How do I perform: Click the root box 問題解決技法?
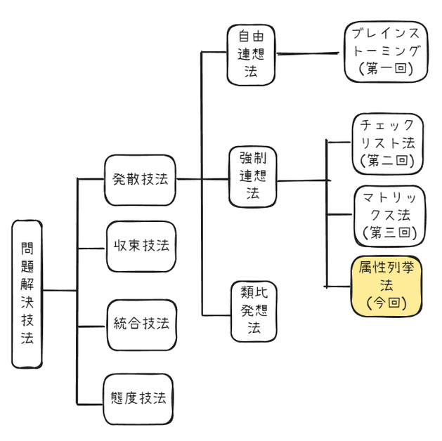pos(27,294)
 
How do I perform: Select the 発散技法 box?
pos(139,180)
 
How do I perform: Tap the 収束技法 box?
pos(141,246)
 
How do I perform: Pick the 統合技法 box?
pos(141,324)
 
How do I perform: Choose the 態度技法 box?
pos(139,398)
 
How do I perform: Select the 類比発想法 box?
pos(252,311)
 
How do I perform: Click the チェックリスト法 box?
pos(387,143)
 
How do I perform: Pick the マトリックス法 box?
pos(387,214)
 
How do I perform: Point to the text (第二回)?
pos(387,161)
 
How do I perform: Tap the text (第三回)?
pos(387,232)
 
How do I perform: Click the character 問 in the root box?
pos(27,247)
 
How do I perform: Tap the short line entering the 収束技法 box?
pos(91,248)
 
